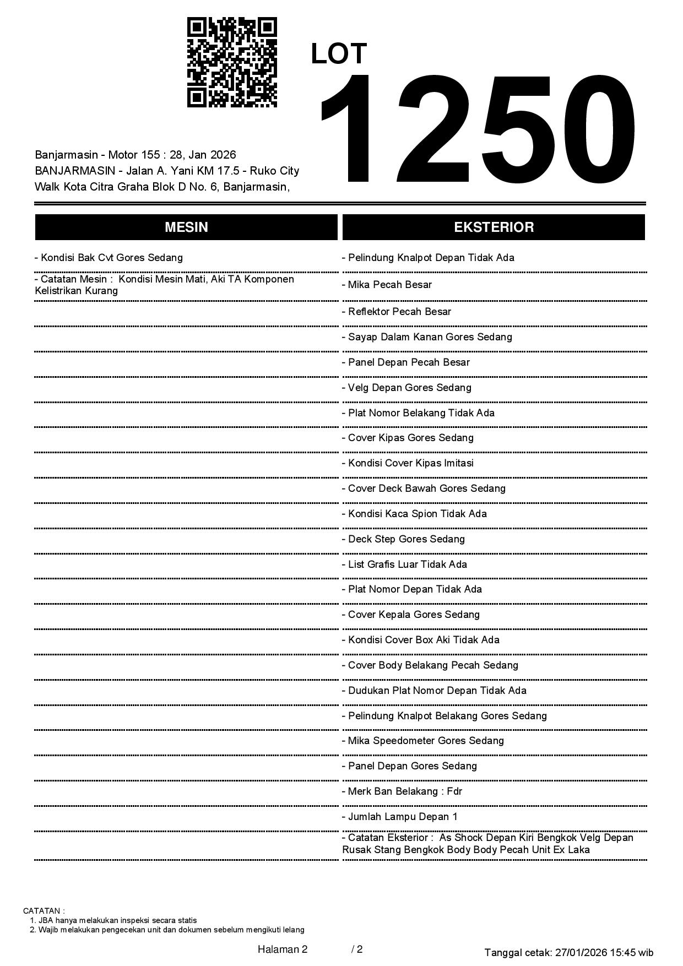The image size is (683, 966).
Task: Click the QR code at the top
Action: [232, 62]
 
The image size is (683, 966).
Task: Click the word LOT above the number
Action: [339, 54]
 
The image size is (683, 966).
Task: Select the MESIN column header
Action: [186, 227]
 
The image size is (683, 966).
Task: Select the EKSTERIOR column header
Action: [494, 227]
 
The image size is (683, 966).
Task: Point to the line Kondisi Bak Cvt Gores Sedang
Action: [109, 258]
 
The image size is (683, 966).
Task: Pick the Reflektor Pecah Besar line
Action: [397, 312]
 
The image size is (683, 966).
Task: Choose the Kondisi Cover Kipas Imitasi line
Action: [408, 463]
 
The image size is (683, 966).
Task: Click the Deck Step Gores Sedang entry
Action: [403, 539]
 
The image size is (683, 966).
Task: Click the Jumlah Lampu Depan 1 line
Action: [400, 817]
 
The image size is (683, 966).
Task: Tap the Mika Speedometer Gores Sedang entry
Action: [423, 741]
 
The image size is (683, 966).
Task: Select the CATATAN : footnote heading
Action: [44, 911]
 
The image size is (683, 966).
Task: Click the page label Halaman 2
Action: [283, 949]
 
